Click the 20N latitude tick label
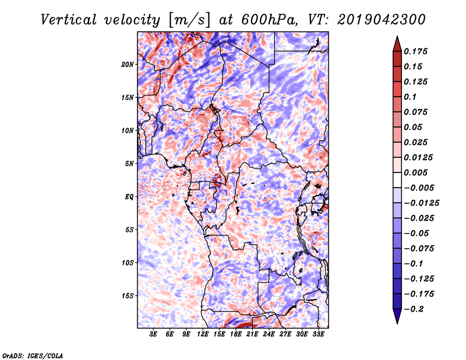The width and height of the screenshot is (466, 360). coord(128,64)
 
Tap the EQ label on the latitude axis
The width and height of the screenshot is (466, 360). coord(129,197)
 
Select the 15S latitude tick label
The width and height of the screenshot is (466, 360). coord(128,296)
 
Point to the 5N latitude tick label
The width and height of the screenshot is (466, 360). coord(129,164)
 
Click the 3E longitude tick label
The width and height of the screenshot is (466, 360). coord(153,334)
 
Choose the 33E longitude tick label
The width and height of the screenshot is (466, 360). coord(318,334)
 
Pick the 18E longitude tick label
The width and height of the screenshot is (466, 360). coord(236,334)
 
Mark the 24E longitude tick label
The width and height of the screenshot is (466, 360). coord(269,334)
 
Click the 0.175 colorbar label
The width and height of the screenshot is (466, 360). coord(416,51)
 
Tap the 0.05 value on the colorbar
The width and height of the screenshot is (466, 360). coord(414,127)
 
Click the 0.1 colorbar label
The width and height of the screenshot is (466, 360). coord(411,97)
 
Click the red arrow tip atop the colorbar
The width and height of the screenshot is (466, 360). coord(397,41)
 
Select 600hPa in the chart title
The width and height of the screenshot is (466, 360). coord(257,20)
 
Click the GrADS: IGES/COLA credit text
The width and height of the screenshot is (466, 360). coord(32,355)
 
